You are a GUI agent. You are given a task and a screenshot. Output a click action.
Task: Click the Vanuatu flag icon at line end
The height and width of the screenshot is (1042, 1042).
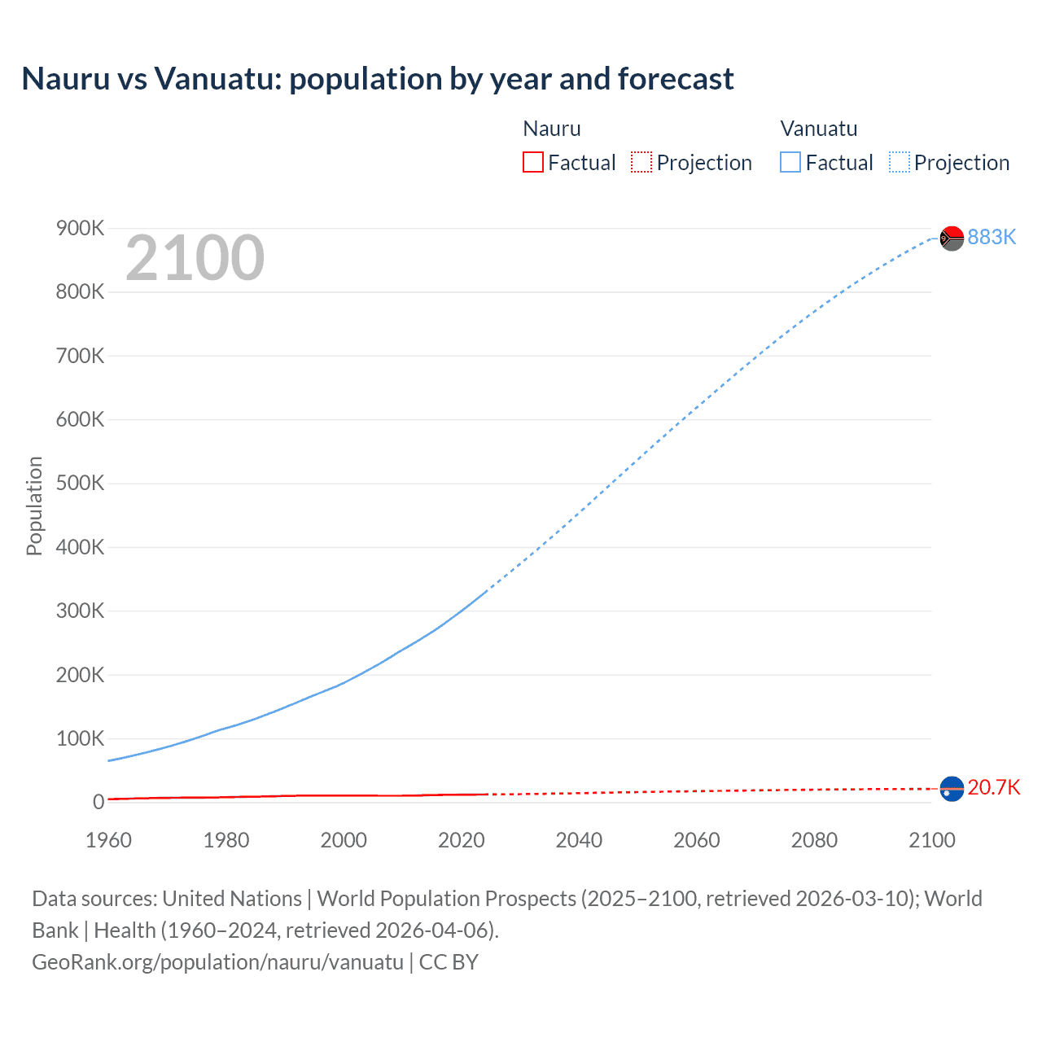click(952, 238)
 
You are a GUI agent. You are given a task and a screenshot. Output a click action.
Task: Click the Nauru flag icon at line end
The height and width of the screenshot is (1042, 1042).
click(952, 788)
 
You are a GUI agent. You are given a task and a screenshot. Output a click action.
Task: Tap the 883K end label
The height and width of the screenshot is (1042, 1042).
click(992, 237)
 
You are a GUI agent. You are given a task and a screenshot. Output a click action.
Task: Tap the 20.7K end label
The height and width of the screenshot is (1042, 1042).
click(993, 787)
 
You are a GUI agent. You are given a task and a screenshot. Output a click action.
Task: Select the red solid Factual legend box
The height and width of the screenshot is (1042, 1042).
click(532, 163)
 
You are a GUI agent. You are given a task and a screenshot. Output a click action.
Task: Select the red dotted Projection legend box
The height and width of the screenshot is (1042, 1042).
click(641, 163)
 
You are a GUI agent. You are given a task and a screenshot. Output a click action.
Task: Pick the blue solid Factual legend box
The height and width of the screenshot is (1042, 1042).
click(790, 163)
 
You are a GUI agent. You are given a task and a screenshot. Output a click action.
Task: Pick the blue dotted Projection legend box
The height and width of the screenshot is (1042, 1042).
click(899, 163)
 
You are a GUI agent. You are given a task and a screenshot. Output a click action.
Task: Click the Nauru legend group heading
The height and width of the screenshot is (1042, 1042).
click(551, 129)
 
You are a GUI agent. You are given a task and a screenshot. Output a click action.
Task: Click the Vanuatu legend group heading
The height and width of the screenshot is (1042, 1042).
click(818, 129)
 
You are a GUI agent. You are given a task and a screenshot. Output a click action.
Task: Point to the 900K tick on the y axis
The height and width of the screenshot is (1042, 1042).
click(80, 229)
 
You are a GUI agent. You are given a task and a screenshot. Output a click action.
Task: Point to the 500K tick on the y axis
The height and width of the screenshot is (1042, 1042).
click(80, 484)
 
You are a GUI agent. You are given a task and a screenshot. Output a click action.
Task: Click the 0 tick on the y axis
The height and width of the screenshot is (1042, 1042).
click(99, 802)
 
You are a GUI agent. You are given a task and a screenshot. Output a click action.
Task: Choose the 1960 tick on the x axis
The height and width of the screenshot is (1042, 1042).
click(108, 840)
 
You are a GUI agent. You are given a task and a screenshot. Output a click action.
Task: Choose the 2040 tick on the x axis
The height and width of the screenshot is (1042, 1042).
click(579, 840)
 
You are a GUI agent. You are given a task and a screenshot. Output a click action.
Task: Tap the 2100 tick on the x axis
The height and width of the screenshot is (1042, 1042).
click(931, 840)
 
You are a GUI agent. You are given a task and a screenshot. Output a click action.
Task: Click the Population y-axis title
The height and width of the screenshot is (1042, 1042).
click(34, 506)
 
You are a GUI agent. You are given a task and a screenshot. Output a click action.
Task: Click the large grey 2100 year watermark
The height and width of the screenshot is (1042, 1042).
click(195, 259)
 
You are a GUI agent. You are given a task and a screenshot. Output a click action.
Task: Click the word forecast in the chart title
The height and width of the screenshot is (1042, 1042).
click(675, 79)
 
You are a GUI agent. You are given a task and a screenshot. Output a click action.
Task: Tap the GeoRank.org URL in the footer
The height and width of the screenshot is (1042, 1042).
click(217, 962)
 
